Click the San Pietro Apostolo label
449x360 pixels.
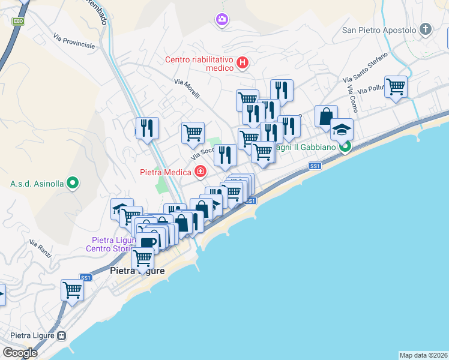point(379,29)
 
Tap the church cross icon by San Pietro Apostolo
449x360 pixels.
point(426,29)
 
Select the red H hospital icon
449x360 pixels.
point(243,62)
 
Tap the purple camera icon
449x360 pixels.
point(222,20)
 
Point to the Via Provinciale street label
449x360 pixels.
point(74,41)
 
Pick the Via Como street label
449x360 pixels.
point(351,98)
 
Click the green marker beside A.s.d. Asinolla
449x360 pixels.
point(73,182)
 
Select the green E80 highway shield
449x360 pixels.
point(18,21)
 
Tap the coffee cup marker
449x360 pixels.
point(147,242)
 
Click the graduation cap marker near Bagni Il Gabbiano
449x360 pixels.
point(342,129)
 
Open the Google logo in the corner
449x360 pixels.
point(20,353)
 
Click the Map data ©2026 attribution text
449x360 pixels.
point(424,355)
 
